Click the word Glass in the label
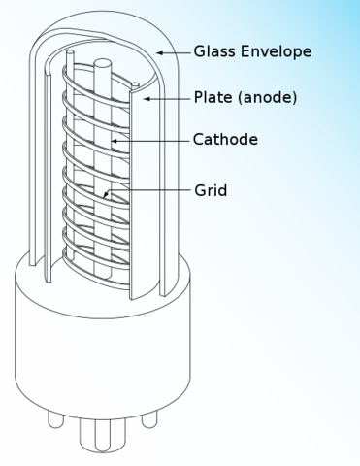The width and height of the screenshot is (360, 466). click(213, 50)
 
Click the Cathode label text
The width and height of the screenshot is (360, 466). click(225, 139)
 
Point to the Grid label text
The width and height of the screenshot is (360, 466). click(211, 190)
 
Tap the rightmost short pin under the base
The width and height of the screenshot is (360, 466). click(148, 418)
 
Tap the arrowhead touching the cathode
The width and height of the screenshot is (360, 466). click(115, 140)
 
